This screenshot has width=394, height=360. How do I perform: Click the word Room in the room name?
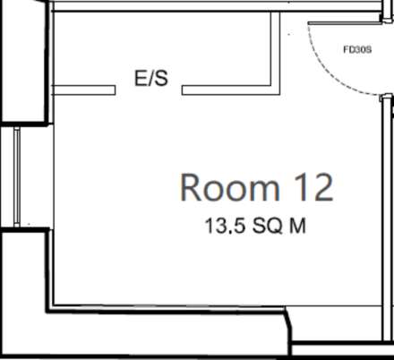click(x=229, y=188)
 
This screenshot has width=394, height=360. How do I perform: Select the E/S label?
click(x=150, y=79)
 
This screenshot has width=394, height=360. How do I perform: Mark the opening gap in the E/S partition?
click(x=149, y=90)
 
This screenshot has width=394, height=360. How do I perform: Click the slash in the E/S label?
click(x=150, y=79)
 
